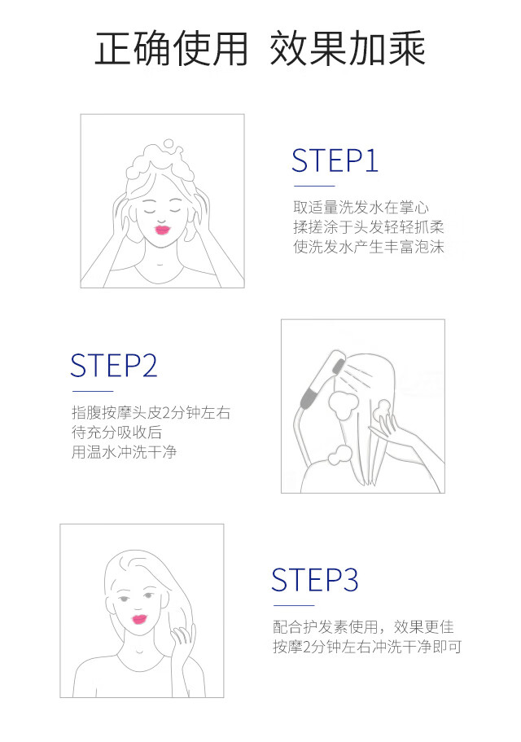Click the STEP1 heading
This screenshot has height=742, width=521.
click(335, 160)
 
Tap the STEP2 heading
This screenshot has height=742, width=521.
click(113, 366)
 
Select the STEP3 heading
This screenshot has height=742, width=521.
click(314, 580)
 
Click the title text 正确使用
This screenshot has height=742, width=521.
click(171, 48)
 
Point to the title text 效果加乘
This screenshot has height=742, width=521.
click(348, 48)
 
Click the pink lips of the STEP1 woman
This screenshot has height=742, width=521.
click(162, 230)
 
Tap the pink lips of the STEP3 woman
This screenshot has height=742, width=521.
click(140, 619)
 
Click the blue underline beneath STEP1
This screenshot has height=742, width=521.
click(313, 186)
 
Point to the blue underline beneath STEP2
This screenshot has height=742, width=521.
click(93, 391)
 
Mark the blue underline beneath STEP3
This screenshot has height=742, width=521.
click(294, 605)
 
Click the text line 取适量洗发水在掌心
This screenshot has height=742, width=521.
click(361, 207)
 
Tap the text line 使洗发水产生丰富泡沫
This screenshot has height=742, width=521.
click(369, 247)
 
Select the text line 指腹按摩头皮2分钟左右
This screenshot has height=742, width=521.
click(151, 413)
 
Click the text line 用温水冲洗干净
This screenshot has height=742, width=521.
click(124, 452)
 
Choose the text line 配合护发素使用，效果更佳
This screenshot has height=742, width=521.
click(363, 627)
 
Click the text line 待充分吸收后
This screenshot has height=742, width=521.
click(116, 432)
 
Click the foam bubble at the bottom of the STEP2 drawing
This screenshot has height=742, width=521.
click(340, 455)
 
